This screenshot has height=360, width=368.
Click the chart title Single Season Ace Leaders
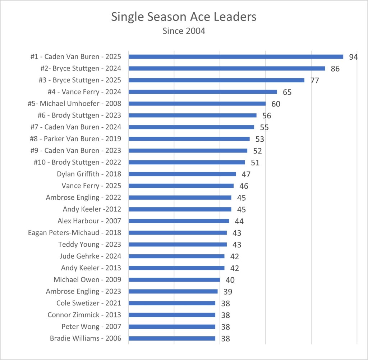tap(184, 17)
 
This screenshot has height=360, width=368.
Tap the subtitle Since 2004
tap(184, 31)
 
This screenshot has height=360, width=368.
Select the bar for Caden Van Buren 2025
tap(236, 56)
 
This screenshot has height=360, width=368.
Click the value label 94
tap(353, 57)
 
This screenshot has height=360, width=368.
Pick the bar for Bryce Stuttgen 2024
tap(227, 68)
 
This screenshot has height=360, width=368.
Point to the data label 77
tap(314, 80)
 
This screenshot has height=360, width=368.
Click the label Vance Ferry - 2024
tap(84, 92)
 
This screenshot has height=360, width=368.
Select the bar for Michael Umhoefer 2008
tap(197, 104)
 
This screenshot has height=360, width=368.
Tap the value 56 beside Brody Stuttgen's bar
tap(266, 115)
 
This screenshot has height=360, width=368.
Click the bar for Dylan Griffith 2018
tap(182, 174)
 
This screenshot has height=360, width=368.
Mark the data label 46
tap(244, 186)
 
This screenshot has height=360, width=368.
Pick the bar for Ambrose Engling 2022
tap(180, 197)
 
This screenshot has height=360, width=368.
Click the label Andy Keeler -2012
tap(92, 209)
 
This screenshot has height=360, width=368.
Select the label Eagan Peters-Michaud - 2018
tap(74, 233)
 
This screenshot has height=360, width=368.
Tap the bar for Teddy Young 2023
tap(178, 245)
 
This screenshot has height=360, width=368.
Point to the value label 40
tap(230, 280)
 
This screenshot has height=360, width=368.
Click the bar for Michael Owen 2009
tap(174, 280)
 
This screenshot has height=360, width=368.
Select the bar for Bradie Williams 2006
tap(172, 338)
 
